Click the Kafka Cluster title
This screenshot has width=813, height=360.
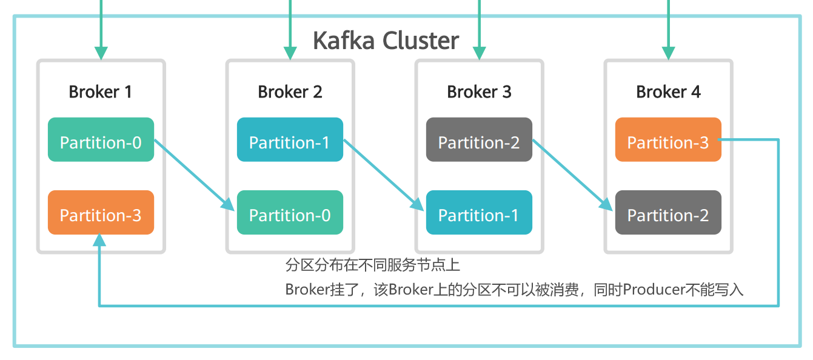386,40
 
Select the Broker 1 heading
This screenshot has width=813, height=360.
100,92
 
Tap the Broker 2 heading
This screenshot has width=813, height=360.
290,92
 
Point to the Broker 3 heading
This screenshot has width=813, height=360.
479,92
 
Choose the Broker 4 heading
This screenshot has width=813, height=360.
668,92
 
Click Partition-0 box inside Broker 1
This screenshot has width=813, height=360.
101,139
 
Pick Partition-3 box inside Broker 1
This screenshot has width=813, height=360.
101,212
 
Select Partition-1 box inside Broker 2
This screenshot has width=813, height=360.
290,139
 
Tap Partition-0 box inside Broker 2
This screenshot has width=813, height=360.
290,212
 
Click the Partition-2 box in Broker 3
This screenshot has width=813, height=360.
479,139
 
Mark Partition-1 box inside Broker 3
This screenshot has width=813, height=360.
479,212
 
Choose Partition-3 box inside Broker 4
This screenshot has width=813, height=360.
668,139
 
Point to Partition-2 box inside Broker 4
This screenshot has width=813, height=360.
668,212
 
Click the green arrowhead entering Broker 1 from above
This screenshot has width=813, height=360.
101,53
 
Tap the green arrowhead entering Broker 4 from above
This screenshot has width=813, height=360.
669,53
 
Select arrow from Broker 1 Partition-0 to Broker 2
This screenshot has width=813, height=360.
195,175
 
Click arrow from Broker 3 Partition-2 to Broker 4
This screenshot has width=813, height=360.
573,175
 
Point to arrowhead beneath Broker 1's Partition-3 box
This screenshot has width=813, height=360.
99,239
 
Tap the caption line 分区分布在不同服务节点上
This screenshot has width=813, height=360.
373,265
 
